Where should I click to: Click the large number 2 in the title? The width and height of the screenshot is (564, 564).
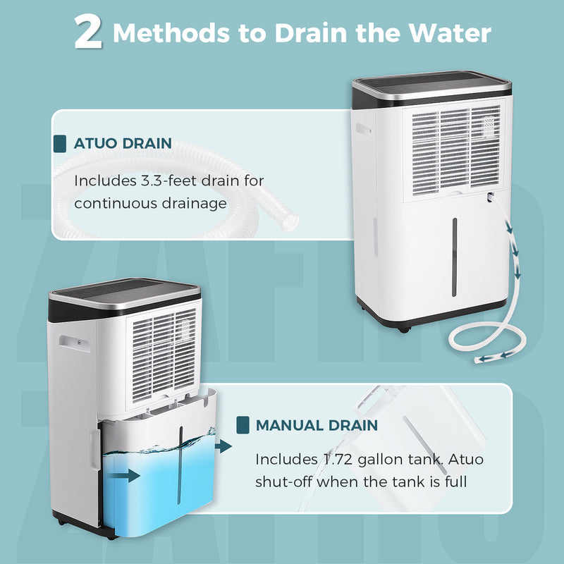coord(89,33)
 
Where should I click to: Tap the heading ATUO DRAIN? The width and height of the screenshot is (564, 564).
coord(123,144)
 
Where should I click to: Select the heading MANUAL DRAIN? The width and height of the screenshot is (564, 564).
coord(317,425)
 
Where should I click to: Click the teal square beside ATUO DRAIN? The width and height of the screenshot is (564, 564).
coord(61,144)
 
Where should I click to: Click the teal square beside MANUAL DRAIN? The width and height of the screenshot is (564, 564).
coord(243,425)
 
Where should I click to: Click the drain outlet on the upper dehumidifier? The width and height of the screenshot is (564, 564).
coord(489,200)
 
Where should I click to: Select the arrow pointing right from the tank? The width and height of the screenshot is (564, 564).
coord(224,446)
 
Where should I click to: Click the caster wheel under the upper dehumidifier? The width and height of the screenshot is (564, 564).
coord(403,329)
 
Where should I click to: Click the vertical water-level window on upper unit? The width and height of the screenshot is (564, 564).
coord(454,257)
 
